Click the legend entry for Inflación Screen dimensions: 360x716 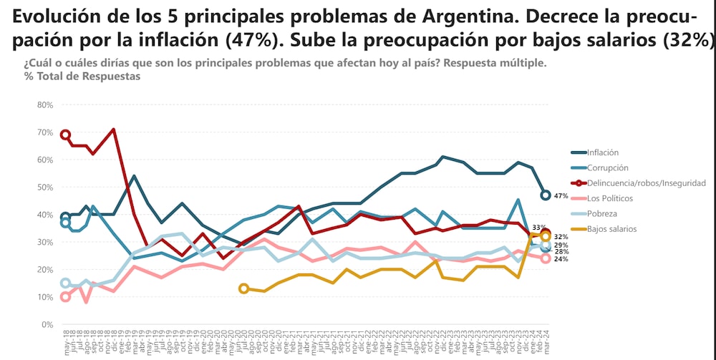[602, 152]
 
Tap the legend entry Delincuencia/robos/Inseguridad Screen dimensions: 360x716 [646, 183]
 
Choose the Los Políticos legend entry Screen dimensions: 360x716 [609, 198]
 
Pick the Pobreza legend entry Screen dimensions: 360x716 [601, 213]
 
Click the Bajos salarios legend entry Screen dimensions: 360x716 [611, 229]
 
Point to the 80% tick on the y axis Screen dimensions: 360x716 [44, 105]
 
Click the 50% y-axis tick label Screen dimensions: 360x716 [44, 188]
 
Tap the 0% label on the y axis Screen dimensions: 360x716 [47, 325]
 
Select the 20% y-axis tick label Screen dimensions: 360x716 [44, 270]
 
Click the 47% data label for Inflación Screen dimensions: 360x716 [561, 195]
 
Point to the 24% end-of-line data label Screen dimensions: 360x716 [561, 259]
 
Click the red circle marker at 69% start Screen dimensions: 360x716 [65, 135]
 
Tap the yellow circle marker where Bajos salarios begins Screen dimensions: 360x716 [243, 288]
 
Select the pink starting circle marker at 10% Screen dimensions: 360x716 [65, 297]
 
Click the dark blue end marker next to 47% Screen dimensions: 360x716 [546, 195]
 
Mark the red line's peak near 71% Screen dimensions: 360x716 [113, 130]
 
